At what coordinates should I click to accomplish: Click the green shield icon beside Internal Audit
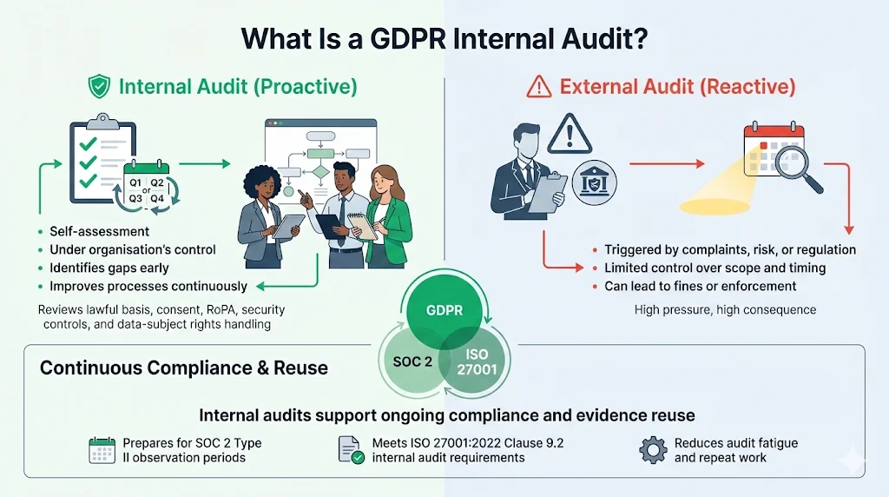click(x=100, y=86)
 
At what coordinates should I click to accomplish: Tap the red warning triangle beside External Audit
click(x=540, y=86)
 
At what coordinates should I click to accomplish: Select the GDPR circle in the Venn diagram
click(x=444, y=310)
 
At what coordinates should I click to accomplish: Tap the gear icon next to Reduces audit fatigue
click(x=653, y=449)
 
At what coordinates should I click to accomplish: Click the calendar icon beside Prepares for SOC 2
click(x=102, y=449)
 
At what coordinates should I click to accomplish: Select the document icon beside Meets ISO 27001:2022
click(x=351, y=449)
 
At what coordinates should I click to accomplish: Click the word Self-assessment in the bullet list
click(x=100, y=231)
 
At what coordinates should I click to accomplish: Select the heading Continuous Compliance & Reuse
click(x=184, y=368)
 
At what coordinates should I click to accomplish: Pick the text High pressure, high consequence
click(x=725, y=309)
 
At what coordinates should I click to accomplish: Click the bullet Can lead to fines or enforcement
click(x=701, y=286)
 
